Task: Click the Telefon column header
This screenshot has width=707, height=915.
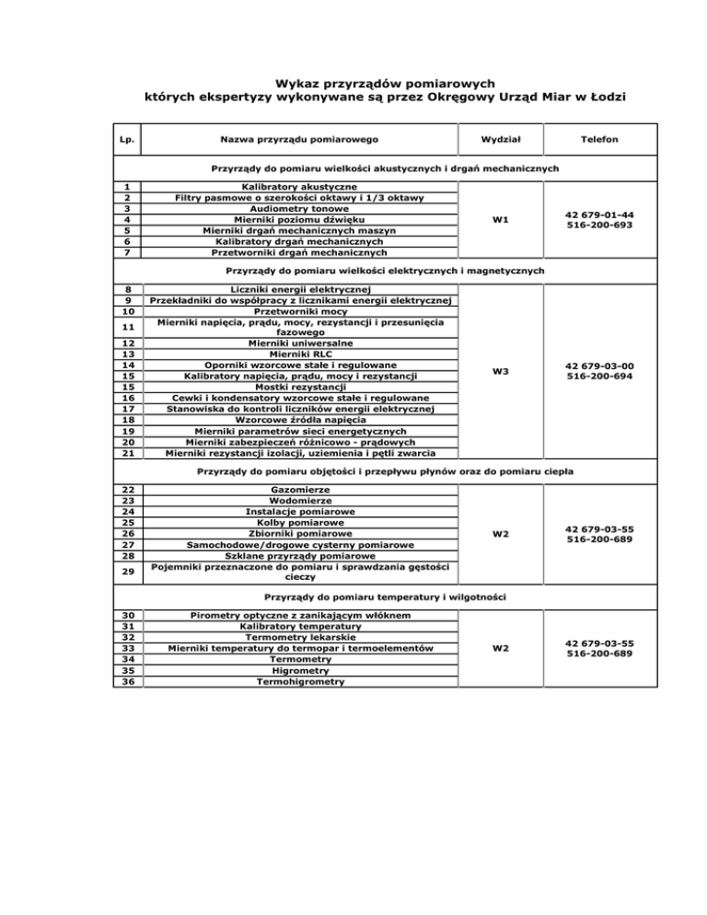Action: [x=598, y=139]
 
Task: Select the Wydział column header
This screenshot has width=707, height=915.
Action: [x=502, y=139]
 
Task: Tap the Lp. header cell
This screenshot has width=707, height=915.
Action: [x=128, y=139]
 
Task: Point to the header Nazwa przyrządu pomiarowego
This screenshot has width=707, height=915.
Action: [x=299, y=139]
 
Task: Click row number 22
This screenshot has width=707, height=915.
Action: [x=128, y=490]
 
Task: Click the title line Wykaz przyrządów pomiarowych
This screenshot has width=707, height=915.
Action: [x=353, y=82]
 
